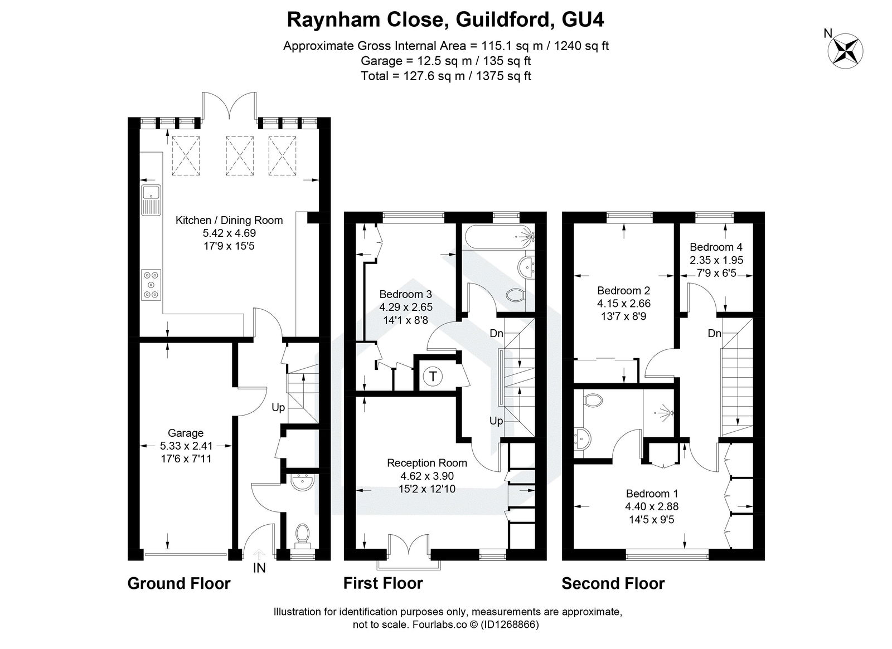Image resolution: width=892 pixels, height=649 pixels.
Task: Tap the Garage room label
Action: (x=186, y=433)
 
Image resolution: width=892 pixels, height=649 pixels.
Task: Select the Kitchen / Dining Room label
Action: (x=229, y=220)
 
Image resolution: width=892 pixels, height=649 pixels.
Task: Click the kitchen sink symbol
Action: (x=151, y=201)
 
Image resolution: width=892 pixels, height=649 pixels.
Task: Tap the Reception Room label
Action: (x=427, y=462)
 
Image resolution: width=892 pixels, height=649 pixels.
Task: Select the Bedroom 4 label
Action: (x=716, y=247)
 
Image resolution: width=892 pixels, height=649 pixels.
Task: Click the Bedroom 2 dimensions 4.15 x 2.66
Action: (x=624, y=304)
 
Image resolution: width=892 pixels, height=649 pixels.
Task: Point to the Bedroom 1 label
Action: (x=652, y=494)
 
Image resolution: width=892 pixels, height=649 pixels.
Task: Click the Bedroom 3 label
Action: (x=406, y=294)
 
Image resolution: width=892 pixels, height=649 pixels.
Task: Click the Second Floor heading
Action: (x=613, y=583)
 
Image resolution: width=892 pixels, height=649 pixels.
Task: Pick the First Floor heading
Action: (x=383, y=583)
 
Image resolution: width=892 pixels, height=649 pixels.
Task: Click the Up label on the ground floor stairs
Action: (x=278, y=407)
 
